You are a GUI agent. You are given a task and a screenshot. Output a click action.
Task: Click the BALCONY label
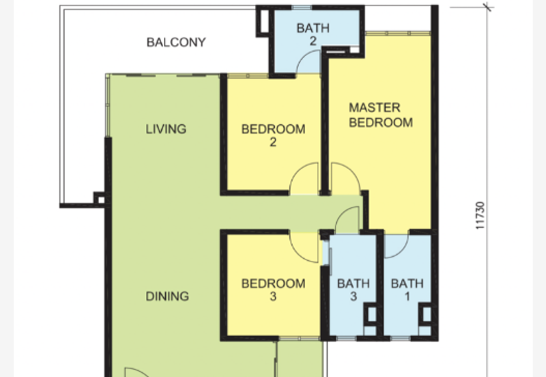coord(176,42)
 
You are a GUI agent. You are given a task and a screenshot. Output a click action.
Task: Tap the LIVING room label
coord(166,129)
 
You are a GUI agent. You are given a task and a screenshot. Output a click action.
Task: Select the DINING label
coord(167,296)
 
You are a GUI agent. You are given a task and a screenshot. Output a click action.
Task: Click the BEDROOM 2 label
coord(273,135)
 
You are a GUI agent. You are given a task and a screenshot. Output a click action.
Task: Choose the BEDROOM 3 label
coord(273,290)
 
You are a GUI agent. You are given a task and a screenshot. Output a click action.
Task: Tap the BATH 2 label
coord(313,35)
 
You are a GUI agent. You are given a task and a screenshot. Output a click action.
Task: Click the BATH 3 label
coord(353,290)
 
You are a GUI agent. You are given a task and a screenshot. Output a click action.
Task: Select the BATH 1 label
coord(407,290)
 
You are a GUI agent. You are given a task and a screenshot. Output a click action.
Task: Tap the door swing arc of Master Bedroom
coord(344,179)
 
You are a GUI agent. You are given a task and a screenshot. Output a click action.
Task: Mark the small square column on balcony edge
coord(100,199)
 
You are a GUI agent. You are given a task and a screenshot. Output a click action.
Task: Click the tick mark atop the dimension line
coord(487,7)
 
